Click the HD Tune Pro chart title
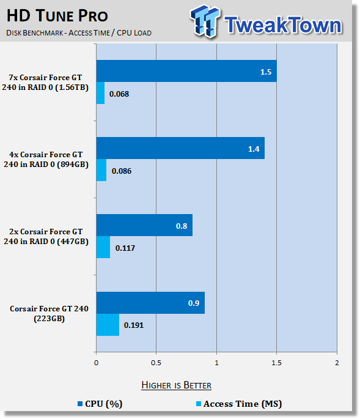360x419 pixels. pos(57,15)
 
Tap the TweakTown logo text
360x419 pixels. pos(283,25)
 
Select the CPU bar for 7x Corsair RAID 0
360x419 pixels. pos(186,71)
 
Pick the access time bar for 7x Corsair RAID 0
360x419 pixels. pos(100,93)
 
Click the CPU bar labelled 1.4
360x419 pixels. pos(180,148)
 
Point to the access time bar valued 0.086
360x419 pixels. pos(101,170)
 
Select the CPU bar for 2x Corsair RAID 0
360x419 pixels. pos(144,225)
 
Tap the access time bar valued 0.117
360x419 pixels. pos(103,247)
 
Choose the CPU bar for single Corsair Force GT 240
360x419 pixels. pos(150,303)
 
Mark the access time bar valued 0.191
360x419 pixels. pos(108,325)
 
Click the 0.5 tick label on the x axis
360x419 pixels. pos(156,363)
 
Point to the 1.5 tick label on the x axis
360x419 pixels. pos(276,363)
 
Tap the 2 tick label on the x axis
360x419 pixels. pos(337,363)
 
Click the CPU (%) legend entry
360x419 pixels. pos(100,404)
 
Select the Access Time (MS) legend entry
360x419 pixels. pos(239,404)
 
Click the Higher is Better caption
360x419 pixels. pos(176,385)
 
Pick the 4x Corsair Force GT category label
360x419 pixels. pos(46,159)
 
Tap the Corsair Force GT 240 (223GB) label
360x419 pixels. pos(49,313)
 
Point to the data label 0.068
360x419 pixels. pos(119,94)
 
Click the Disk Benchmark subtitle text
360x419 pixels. pos(79,33)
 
